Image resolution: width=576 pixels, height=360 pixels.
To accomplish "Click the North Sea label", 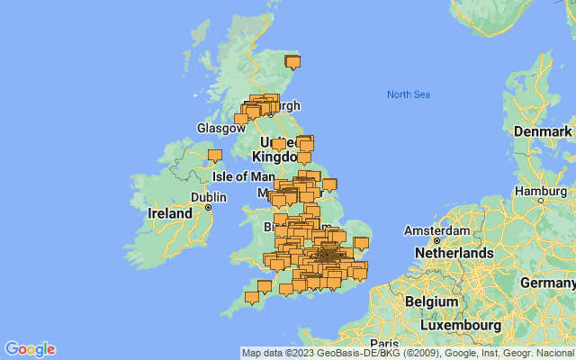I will click(409, 94).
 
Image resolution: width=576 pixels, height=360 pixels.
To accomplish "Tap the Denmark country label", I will click(543, 132).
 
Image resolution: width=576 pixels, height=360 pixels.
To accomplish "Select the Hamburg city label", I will click(540, 191).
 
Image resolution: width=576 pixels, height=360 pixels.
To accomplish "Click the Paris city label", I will click(383, 344).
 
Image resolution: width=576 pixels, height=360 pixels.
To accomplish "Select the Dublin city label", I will click(208, 197).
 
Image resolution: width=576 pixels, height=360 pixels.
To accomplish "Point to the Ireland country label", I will click(170, 213).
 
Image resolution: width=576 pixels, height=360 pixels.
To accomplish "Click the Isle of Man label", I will click(243, 176).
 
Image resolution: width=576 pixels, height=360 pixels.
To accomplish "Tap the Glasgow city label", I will click(221, 129).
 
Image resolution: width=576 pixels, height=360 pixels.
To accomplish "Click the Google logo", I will click(30, 349).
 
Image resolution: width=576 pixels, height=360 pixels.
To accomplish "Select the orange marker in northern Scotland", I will click(292, 62).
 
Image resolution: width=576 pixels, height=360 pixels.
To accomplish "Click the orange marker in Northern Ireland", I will click(214, 156).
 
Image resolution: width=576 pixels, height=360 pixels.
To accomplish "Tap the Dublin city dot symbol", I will click(209, 208).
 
